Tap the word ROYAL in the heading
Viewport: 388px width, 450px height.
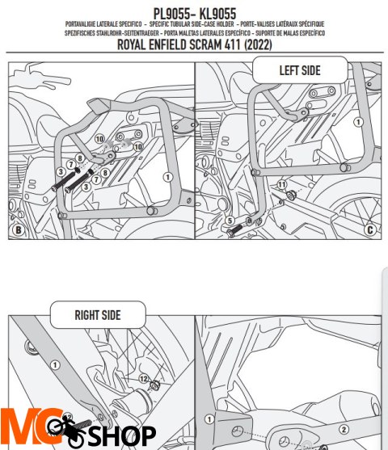135,45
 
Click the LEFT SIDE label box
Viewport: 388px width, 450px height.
300,70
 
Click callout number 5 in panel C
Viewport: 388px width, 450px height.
229,221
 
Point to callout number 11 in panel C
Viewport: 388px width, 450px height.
282,186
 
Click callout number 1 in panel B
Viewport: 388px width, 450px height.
167,175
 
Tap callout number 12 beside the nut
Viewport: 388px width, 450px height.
142,379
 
